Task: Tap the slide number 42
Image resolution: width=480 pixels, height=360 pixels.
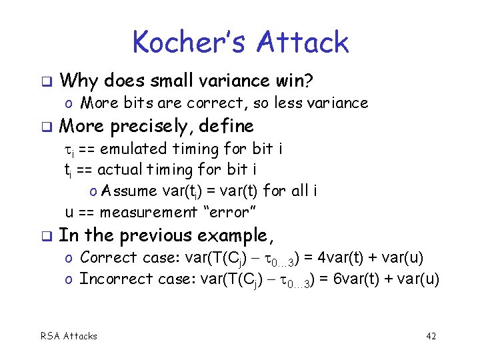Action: point(431,336)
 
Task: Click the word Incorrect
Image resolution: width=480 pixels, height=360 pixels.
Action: point(110,279)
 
